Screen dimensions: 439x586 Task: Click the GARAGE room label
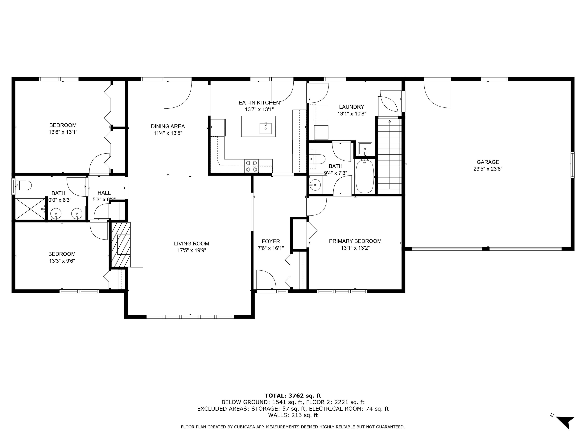[488, 162]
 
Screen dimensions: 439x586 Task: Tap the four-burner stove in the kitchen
[251, 166]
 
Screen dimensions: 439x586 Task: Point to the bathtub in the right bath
[365, 176]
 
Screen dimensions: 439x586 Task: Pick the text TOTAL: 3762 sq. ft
[293, 396]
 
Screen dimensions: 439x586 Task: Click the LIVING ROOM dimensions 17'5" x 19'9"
[192, 250]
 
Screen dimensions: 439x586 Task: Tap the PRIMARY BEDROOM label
[355, 241]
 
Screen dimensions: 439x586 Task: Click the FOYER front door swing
[266, 280]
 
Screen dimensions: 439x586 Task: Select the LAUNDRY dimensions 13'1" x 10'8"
[352, 114]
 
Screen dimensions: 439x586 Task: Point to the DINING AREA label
[168, 127]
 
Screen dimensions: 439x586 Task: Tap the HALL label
[104, 193]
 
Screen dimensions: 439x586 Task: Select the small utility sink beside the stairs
[365, 149]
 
